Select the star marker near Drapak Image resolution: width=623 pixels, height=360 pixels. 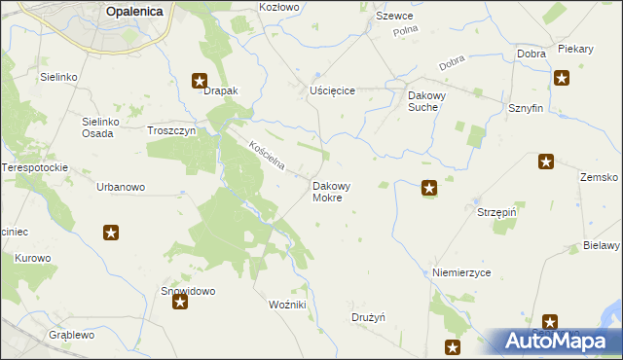pyautogui.click(x=200, y=81)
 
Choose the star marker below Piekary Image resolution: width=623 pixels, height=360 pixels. pyautogui.click(x=562, y=78)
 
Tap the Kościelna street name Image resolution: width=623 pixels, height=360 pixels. pyautogui.click(x=266, y=157)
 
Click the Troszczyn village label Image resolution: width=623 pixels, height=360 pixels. pyautogui.click(x=171, y=130)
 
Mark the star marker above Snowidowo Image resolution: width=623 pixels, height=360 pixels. pyautogui.click(x=180, y=304)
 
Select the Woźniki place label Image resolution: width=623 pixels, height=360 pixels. pyautogui.click(x=287, y=305)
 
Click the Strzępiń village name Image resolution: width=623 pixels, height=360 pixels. pyautogui.click(x=495, y=211)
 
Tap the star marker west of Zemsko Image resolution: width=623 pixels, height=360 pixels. pyautogui.click(x=545, y=162)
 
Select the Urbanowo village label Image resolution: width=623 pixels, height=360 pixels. pyautogui.click(x=121, y=187)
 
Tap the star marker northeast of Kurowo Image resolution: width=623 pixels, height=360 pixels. pyautogui.click(x=111, y=232)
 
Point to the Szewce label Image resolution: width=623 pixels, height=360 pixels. pyautogui.click(x=394, y=17)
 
